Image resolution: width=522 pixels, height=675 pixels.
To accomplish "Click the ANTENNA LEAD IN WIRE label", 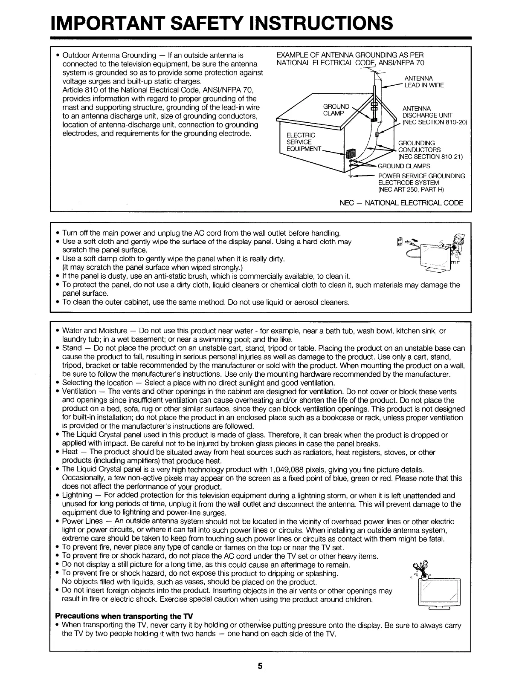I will (x=424, y=82).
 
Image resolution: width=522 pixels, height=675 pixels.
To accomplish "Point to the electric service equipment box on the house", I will (x=351, y=154).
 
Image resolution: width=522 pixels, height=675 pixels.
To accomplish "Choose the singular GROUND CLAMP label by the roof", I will (x=336, y=110).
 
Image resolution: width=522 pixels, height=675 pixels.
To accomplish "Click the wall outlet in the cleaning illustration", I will (x=399, y=242).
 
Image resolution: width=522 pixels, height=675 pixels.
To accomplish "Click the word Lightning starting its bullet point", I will (x=77, y=495).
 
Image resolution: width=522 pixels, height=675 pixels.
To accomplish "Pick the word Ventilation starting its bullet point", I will (x=79, y=391).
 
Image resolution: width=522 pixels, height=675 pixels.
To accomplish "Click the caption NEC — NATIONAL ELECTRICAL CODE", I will (x=401, y=203).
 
